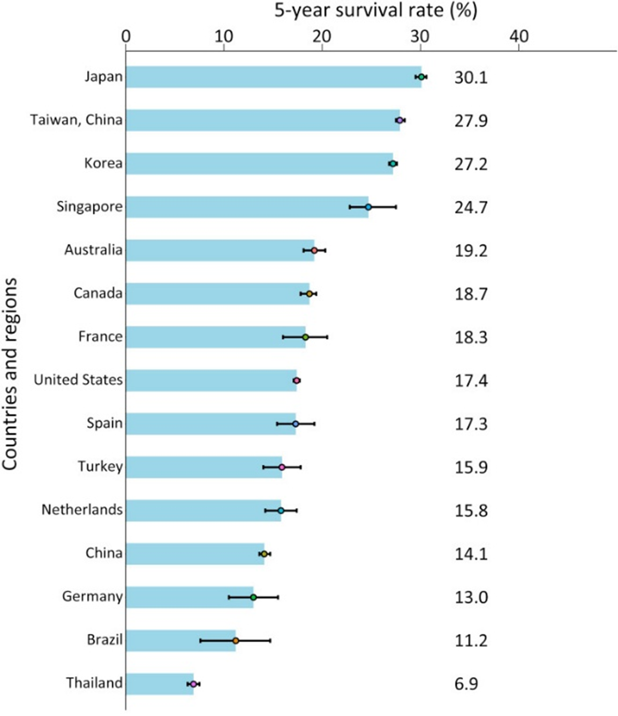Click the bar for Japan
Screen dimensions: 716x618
pyautogui.click(x=273, y=77)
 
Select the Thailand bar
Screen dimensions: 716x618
pyautogui.click(x=160, y=684)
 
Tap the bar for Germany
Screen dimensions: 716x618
pyautogui.click(x=190, y=597)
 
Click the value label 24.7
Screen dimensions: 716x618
pyautogui.click(x=471, y=207)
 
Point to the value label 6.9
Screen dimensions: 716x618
pyautogui.click(x=466, y=684)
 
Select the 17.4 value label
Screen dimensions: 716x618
pyautogui.click(x=471, y=380)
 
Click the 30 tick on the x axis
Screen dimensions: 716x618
pyautogui.click(x=420, y=36)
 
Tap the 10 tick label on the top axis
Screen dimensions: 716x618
pyautogui.click(x=224, y=36)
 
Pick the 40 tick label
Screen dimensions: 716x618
pyautogui.click(x=518, y=36)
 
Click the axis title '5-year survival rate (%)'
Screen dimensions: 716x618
pyautogui.click(x=375, y=11)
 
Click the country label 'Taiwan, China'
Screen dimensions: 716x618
pyautogui.click(x=76, y=120)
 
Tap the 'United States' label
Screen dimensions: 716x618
pyautogui.click(x=78, y=380)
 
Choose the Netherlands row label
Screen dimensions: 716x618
pyautogui.click(x=82, y=510)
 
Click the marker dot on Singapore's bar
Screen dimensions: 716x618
pyautogui.click(x=368, y=207)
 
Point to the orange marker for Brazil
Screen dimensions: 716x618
pyautogui.click(x=236, y=641)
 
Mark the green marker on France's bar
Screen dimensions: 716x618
pyautogui.click(x=305, y=337)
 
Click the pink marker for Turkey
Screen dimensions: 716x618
pyautogui.click(x=282, y=467)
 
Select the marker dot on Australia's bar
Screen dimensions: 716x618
pyautogui.click(x=314, y=250)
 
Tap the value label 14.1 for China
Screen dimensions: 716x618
pyautogui.click(x=471, y=554)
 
